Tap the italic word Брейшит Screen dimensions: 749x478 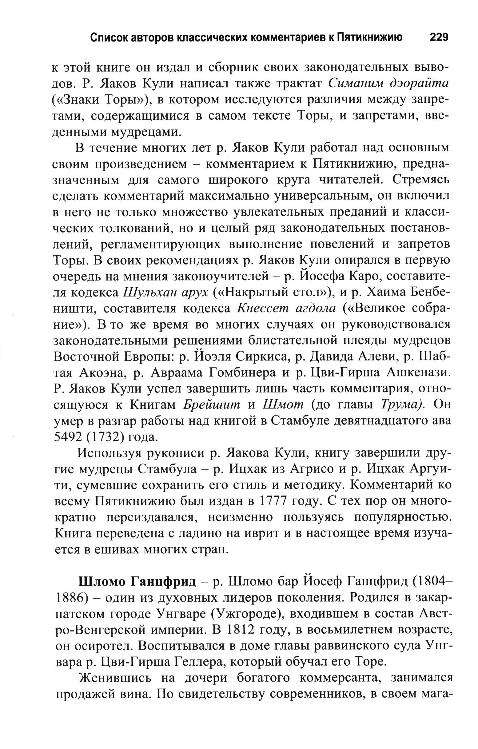click(x=212, y=405)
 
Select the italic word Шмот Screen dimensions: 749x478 click(x=283, y=405)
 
